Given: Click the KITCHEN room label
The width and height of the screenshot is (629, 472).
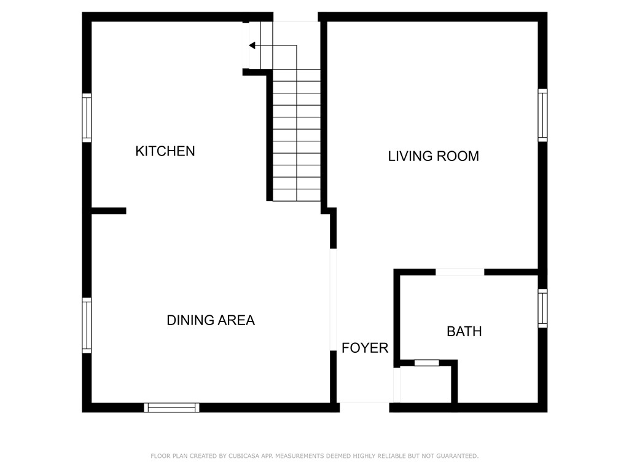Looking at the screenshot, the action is click(165, 151).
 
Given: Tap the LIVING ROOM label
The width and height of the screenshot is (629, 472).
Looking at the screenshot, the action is click(433, 155).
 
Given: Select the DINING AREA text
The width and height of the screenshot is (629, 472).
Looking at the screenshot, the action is click(211, 320).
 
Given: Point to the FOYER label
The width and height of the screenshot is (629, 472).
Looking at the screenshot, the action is click(365, 348).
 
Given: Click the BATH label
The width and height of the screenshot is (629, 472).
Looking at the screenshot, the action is click(464, 331).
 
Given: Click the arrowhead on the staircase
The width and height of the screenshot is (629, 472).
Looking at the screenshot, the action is click(252, 45).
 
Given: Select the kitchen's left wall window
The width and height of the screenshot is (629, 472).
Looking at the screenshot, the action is click(87, 117).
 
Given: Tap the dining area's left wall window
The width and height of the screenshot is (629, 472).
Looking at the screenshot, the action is click(87, 326).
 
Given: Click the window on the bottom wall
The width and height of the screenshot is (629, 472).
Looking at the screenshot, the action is click(172, 407).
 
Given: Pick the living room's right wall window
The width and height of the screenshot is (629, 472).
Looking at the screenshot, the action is click(542, 115).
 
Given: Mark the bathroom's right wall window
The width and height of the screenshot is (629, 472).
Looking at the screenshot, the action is click(542, 309).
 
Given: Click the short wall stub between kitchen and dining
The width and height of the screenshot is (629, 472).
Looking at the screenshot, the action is click(109, 211).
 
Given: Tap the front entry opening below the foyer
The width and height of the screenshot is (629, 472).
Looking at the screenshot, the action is click(364, 407).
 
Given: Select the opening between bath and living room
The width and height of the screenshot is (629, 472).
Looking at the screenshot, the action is click(459, 272).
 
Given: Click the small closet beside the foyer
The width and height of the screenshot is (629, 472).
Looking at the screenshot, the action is click(426, 385).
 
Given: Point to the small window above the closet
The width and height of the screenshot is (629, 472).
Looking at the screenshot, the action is click(427, 363).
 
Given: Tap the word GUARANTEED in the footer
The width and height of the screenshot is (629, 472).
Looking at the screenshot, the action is click(457, 456).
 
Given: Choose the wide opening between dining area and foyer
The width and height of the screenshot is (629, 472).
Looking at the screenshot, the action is click(333, 300).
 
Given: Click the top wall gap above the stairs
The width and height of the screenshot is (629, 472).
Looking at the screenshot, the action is click(295, 17).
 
